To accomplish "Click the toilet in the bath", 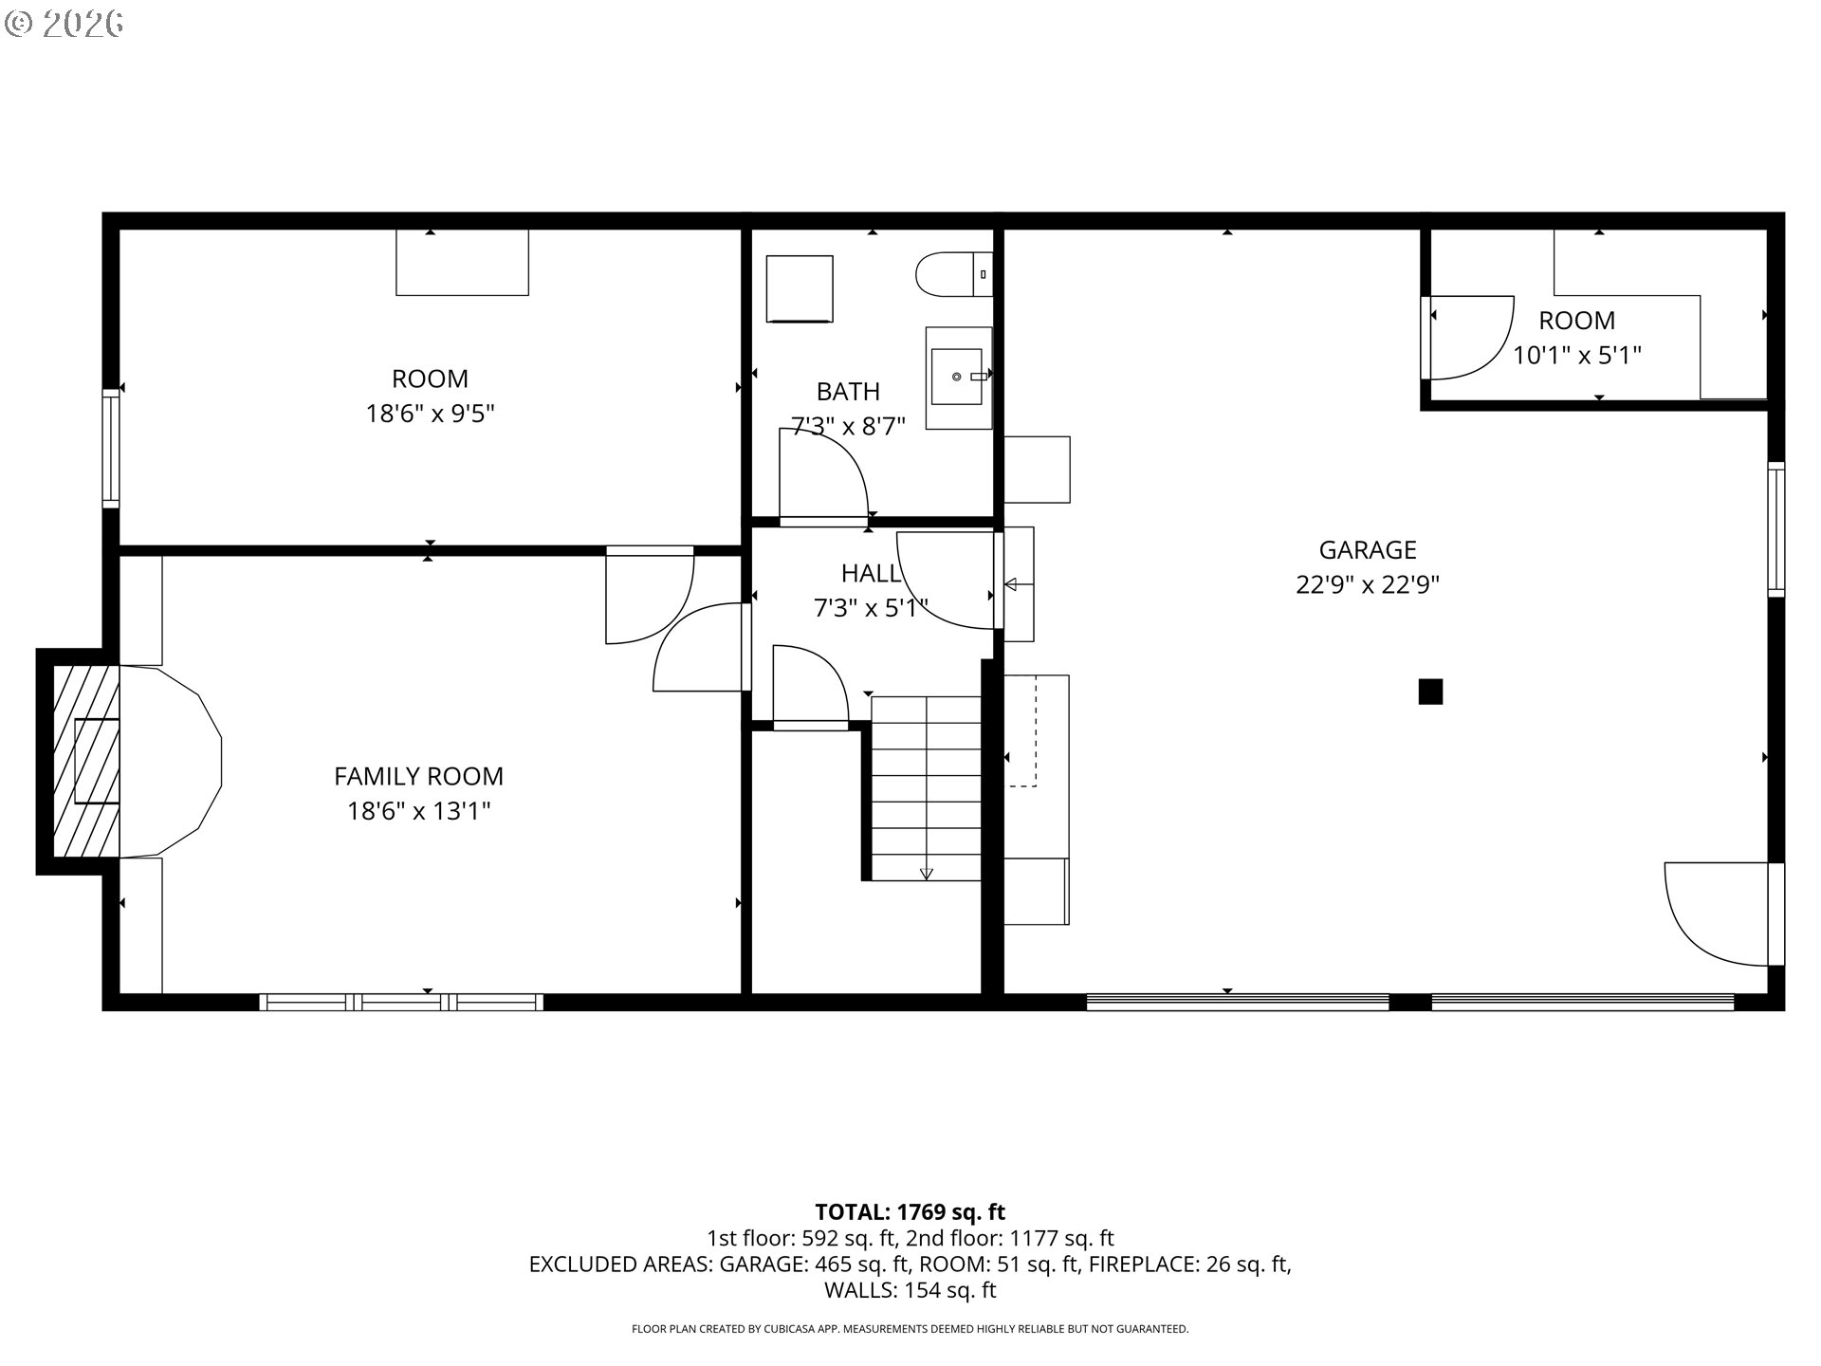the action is point(953,274).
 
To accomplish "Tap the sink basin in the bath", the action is point(957,377).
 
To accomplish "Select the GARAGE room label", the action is point(1368,550).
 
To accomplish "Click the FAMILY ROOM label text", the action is point(418,776).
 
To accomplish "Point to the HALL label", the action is point(871,573).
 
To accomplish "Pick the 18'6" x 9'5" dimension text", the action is point(431,414).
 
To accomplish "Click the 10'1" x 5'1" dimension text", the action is point(1577,355).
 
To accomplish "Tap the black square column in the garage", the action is point(1430,692).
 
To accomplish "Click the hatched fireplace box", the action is point(86,761).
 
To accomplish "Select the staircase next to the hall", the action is point(926,788).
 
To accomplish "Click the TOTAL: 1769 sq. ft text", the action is point(910,1211).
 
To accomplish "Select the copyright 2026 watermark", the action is point(64,24).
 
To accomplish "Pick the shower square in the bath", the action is point(800,289).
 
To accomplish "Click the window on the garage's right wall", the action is point(1775,529).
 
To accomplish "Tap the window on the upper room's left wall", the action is point(111,448).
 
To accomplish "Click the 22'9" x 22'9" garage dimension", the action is point(1368,584).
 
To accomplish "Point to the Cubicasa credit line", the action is point(910,1329).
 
